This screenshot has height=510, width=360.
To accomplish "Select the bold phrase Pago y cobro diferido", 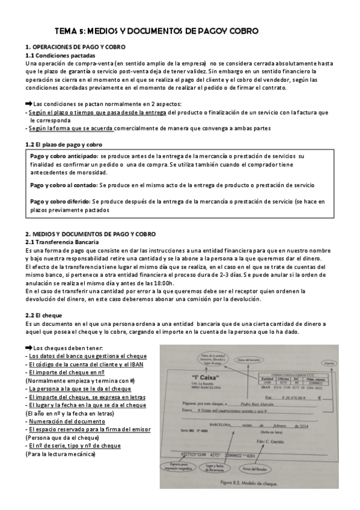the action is pos(59,201).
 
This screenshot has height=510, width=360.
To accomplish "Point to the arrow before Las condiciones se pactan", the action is pos(28,103).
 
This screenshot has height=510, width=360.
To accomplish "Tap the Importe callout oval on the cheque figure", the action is pos(328,364).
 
